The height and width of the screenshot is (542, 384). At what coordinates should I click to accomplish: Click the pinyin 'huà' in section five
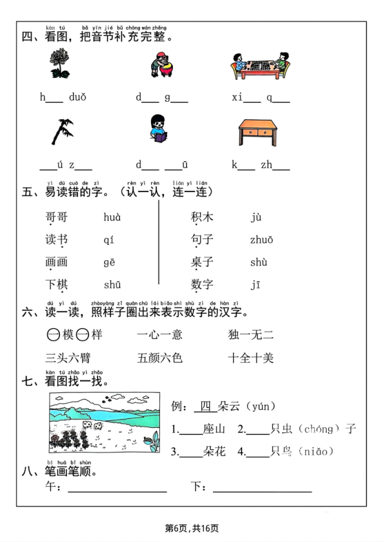(112, 217)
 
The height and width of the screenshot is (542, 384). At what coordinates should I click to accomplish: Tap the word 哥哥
(56, 217)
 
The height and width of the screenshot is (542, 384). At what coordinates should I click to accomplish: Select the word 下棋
(56, 285)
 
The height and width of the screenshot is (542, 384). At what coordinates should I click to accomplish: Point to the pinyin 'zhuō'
(262, 240)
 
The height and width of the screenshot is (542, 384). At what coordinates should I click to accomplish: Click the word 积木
(202, 217)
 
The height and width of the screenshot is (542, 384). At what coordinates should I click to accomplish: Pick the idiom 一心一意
(159, 334)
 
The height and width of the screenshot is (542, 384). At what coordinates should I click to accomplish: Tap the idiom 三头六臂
(68, 358)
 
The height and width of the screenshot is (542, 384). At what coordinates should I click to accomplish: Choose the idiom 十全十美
(250, 358)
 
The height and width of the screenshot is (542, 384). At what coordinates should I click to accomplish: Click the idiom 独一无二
(250, 334)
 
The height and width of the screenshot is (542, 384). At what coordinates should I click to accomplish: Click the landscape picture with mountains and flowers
(104, 423)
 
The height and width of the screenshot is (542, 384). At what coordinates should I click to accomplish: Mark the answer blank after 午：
(117, 488)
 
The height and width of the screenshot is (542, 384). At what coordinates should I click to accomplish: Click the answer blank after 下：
(262, 488)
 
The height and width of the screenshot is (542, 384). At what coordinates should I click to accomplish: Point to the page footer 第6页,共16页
(192, 528)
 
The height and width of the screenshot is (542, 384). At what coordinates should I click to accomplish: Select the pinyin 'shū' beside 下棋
(112, 285)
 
